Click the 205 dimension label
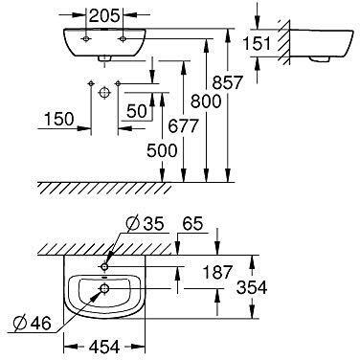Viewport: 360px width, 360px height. click(x=104, y=15)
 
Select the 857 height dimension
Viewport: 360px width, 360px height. click(x=228, y=82)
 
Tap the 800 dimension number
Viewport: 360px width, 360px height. click(x=206, y=101)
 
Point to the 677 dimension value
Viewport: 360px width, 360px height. click(x=183, y=126)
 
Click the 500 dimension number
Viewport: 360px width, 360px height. click(x=162, y=150)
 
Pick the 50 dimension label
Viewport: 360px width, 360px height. click(x=137, y=111)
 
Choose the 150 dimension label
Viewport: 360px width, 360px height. click(x=59, y=119)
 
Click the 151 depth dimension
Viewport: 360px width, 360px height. click(x=257, y=43)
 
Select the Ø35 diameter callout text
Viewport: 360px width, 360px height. click(x=145, y=224)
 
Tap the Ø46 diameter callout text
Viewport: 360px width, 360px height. click(x=33, y=324)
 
